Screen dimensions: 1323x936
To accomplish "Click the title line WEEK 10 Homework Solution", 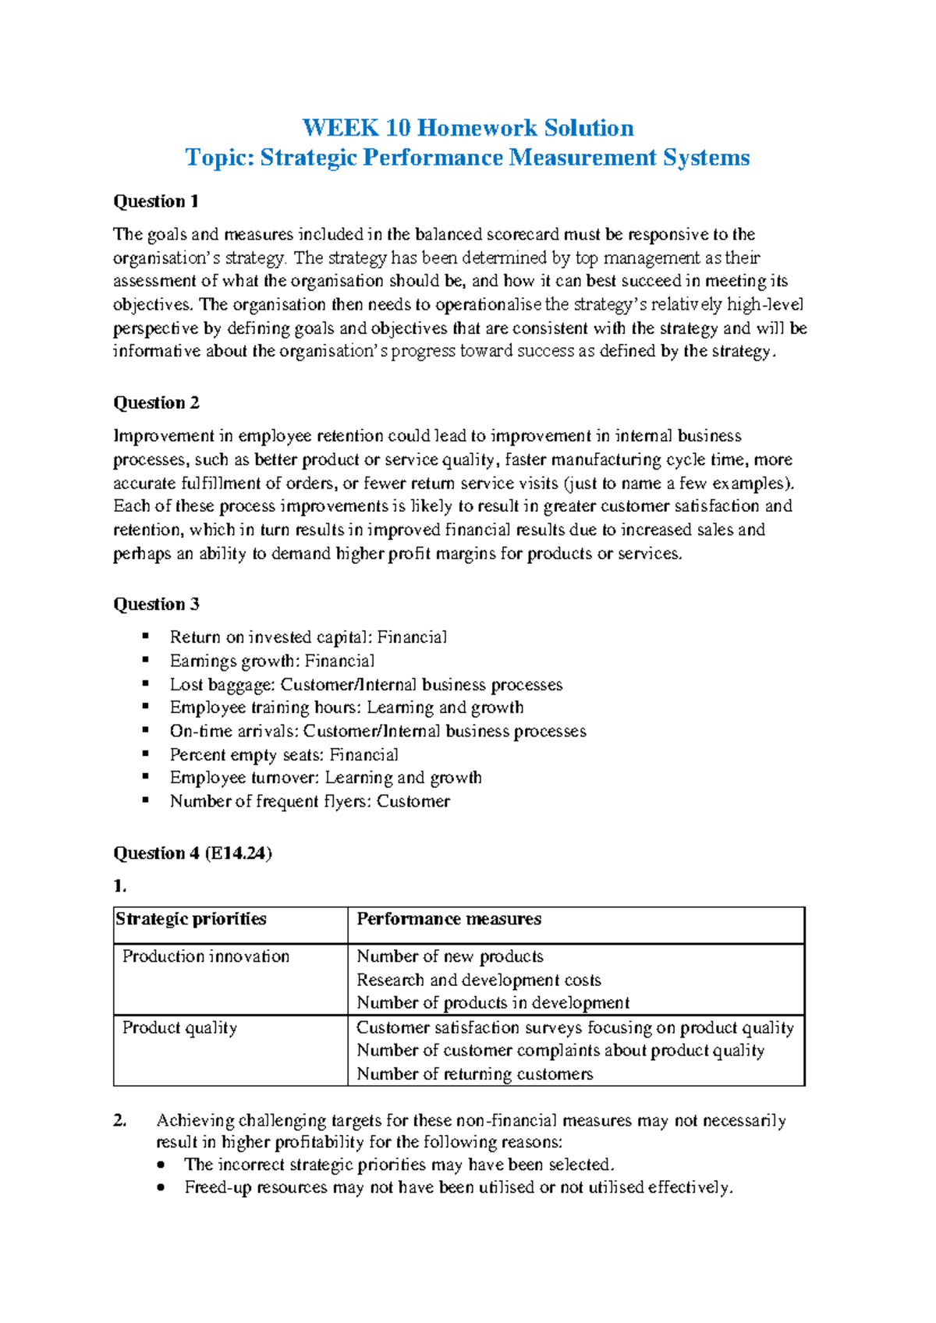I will coord(467,128).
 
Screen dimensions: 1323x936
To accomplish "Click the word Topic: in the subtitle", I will coord(219,158).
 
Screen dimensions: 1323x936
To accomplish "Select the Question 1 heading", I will coord(156,201).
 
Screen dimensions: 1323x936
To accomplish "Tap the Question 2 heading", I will coord(156,403).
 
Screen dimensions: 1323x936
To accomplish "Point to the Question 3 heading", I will coord(156,604).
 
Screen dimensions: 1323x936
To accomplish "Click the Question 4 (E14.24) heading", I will coord(193,853).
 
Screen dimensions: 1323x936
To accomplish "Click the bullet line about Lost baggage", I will coord(366,684).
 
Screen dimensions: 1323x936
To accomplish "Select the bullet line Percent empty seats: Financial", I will coord(284,754).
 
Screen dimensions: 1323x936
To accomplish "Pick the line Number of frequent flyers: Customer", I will coord(310,801).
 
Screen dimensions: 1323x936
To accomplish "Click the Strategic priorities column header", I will coord(191,919).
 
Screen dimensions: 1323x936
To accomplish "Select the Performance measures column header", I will coord(448,919).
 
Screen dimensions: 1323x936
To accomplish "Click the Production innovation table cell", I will coord(206,956).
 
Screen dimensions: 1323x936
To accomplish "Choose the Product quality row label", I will coord(179,1027).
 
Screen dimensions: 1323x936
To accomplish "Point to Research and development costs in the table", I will coord(479,980).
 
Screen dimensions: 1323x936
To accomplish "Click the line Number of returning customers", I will coord(474,1073).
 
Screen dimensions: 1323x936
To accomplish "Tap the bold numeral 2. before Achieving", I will coord(119,1120).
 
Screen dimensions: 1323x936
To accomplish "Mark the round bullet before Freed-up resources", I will coord(161,1188).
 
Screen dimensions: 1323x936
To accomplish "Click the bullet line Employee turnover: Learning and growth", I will coord(325,778).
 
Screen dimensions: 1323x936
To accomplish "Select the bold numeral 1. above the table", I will coord(119,885).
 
